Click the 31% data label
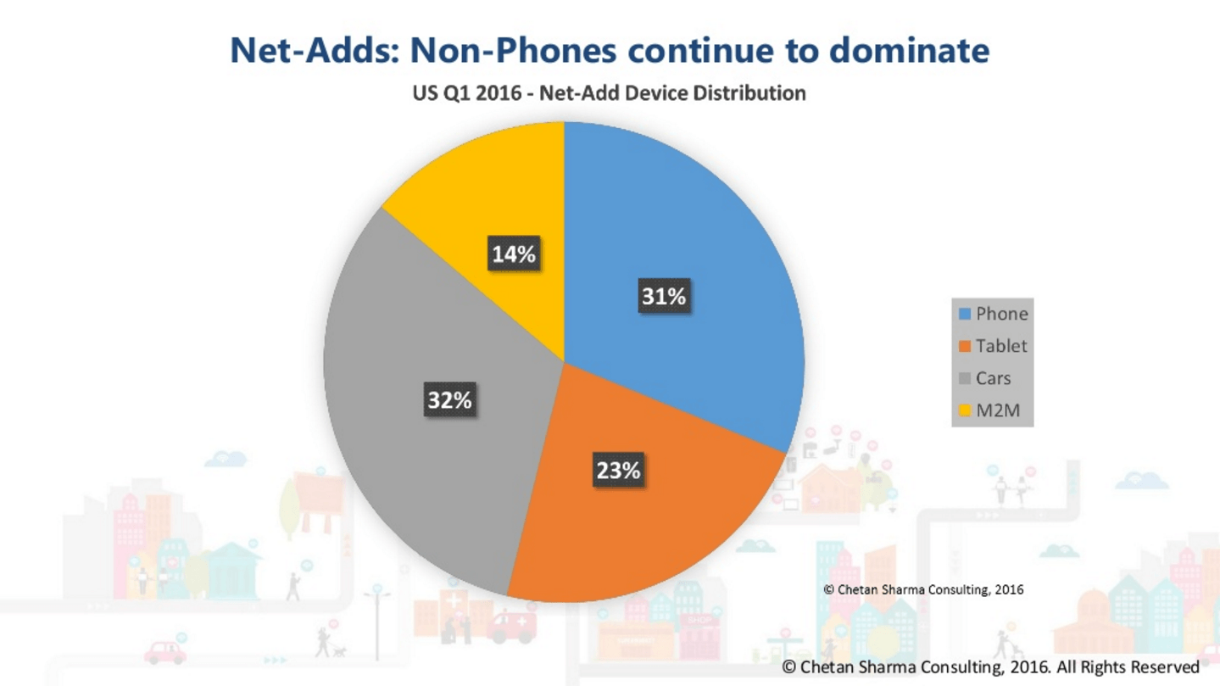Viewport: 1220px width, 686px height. (x=663, y=297)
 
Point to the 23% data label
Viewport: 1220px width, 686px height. (x=618, y=470)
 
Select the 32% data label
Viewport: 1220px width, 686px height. (x=449, y=399)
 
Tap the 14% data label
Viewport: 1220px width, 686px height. (x=514, y=254)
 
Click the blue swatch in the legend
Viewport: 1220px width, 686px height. (x=965, y=314)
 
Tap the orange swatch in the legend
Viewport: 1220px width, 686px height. (x=965, y=346)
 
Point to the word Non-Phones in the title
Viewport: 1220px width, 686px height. (x=515, y=51)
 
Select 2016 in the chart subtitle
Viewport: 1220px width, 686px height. (x=499, y=93)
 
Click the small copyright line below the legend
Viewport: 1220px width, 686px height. (x=923, y=588)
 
